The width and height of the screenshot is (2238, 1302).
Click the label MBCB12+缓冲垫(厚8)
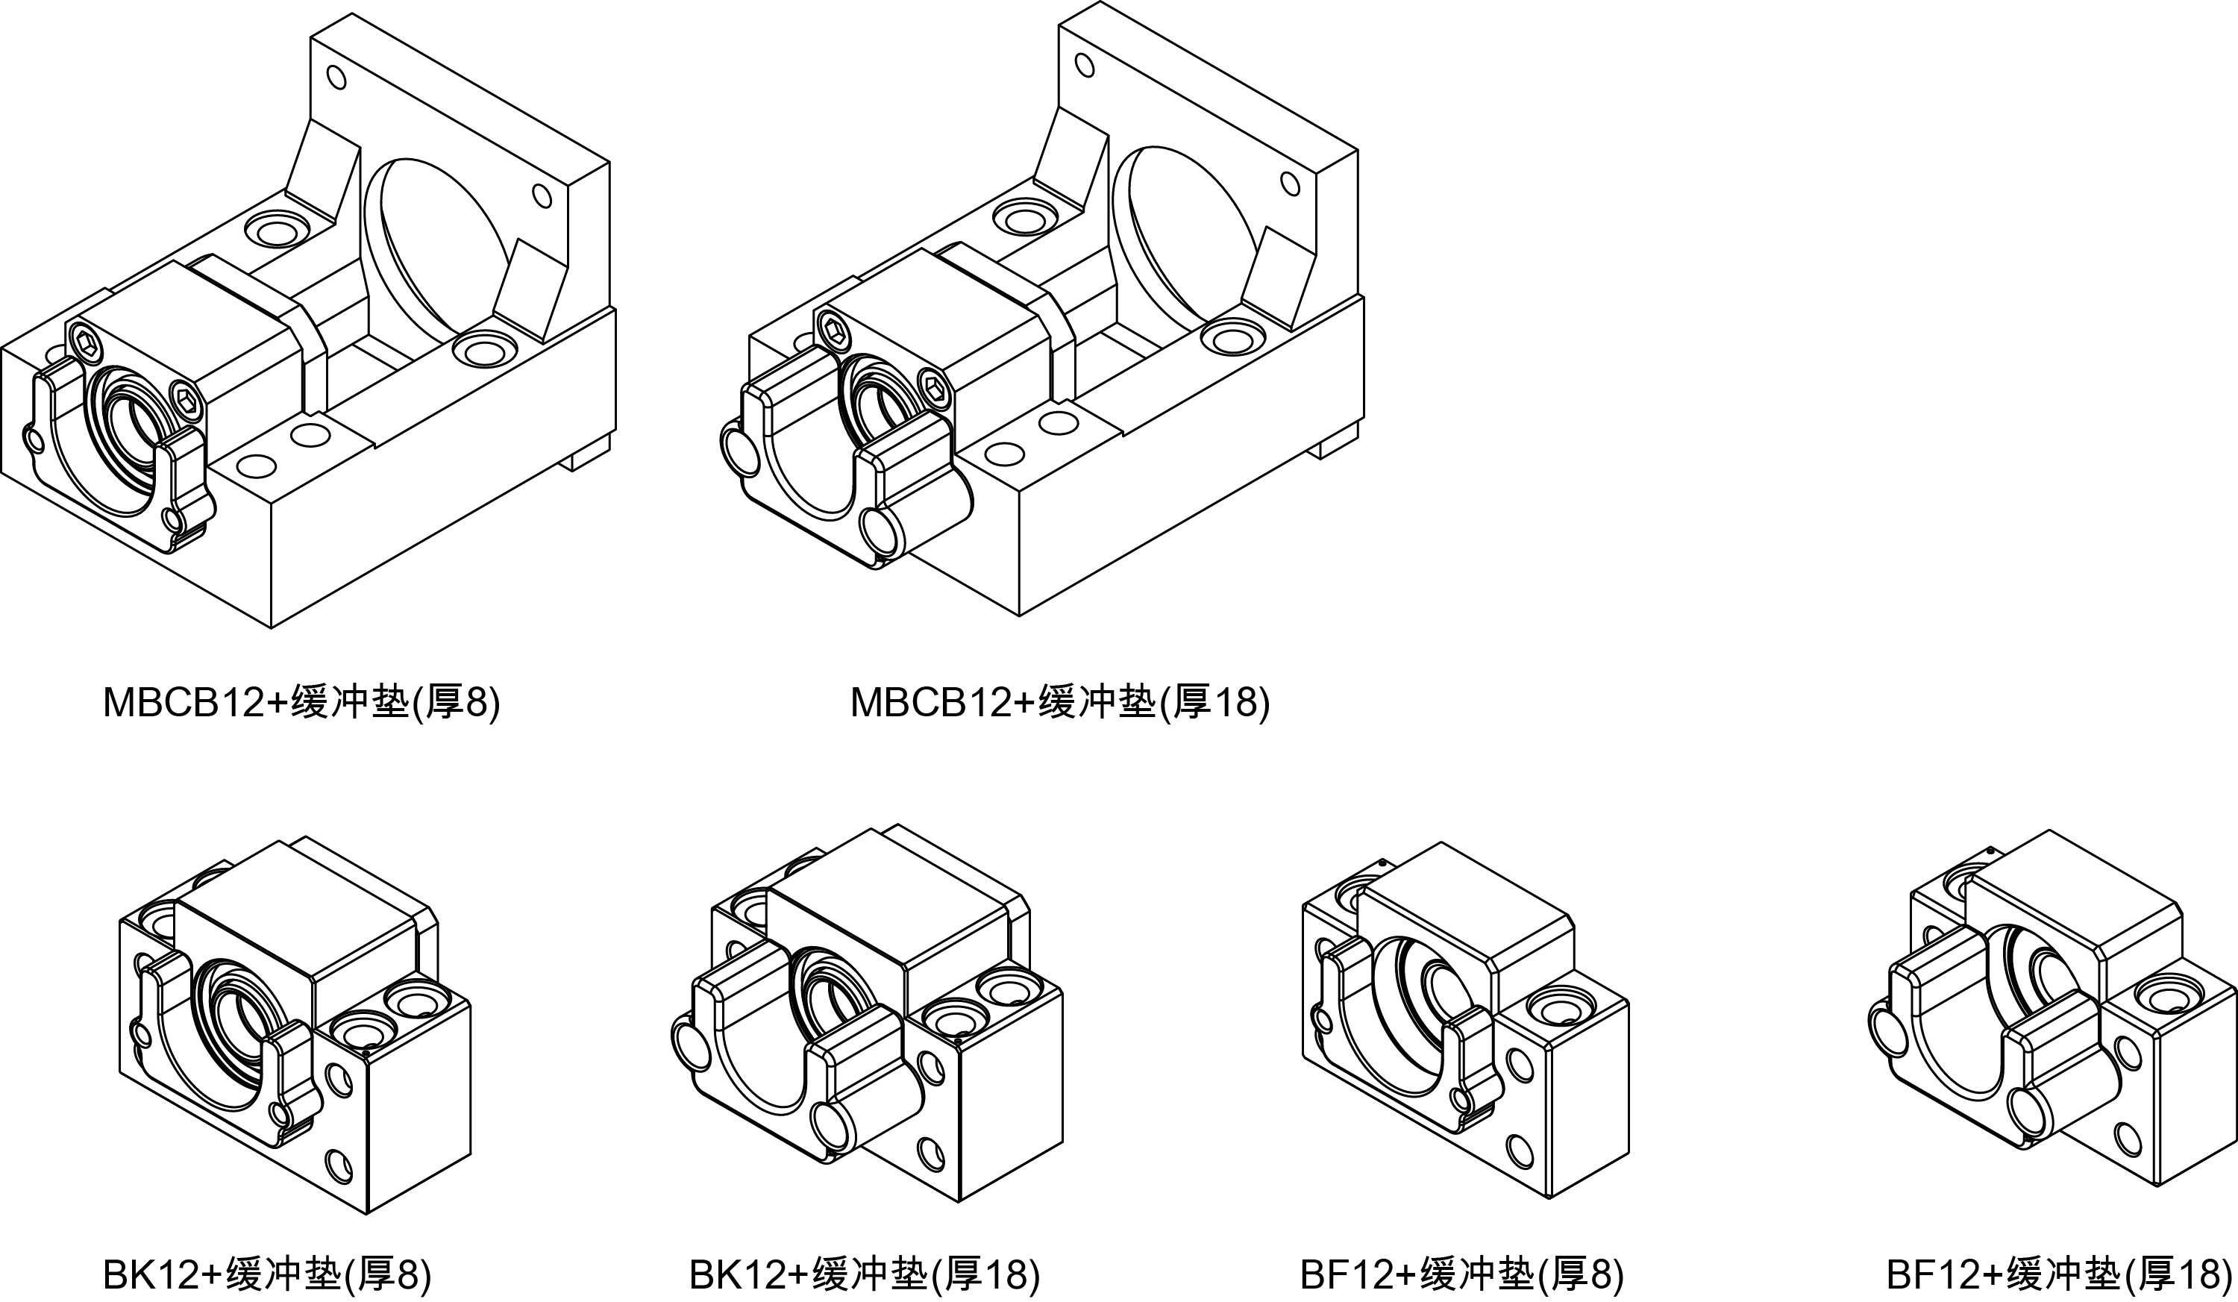pyautogui.click(x=301, y=703)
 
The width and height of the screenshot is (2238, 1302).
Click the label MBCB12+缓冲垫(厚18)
pyautogui.click(x=1059, y=703)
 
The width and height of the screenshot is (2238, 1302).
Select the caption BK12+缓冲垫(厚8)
pyautogui.click(x=266, y=1274)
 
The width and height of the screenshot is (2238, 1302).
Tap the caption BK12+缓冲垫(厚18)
pyautogui.click(x=864, y=1274)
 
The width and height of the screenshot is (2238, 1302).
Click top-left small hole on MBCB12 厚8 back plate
pyautogui.click(x=336, y=78)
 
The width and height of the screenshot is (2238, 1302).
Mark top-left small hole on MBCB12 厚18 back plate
pyautogui.click(x=1085, y=65)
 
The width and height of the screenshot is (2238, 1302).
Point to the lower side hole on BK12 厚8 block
pyautogui.click(x=339, y=1162)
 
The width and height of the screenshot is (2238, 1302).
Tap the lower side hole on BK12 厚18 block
pyautogui.click(x=931, y=1153)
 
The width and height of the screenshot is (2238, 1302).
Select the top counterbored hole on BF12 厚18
pyautogui.click(x=2165, y=995)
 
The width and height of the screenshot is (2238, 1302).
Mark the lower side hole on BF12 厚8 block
pyautogui.click(x=1520, y=1151)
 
